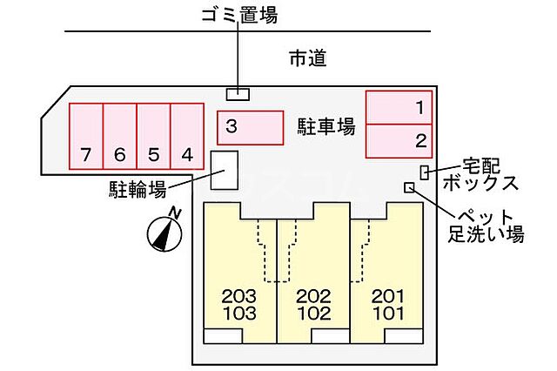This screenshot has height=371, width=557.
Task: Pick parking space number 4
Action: pos(186,136)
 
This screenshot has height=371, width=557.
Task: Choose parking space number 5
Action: pos(153,136)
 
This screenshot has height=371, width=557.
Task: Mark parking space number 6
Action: pos(120,136)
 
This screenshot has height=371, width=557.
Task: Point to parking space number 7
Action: pos(86,136)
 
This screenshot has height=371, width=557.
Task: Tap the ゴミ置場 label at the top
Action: pos(238,16)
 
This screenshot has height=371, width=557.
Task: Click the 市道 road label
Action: pos(307,58)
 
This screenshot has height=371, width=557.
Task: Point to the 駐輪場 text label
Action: pos(138,187)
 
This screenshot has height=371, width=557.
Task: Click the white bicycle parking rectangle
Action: pos(225,169)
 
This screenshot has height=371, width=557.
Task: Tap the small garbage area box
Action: pos(238,93)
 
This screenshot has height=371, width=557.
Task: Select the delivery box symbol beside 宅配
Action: pos(425,171)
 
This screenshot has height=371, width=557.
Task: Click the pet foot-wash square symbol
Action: pos(409,187)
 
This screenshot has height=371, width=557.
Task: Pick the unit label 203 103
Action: pos(239,305)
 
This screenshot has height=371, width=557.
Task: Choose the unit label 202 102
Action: pos(313,305)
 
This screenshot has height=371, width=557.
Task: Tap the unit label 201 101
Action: pos(387,305)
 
